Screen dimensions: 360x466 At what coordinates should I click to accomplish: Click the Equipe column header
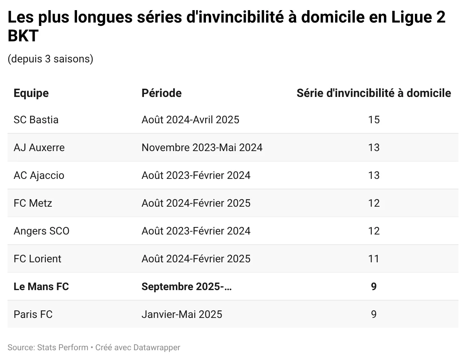pyautogui.click(x=31, y=93)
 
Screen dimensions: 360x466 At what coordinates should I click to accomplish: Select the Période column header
pyautogui.click(x=162, y=93)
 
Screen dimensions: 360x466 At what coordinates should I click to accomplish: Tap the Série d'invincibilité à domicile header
pyautogui.click(x=374, y=93)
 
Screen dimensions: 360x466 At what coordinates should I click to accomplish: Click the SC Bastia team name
pyautogui.click(x=36, y=120)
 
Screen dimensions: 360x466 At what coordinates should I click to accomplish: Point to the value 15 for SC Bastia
pyautogui.click(x=374, y=120)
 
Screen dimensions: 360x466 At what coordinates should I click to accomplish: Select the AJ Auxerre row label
pyautogui.click(x=39, y=148)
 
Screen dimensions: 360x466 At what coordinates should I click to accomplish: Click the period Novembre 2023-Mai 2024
pyautogui.click(x=202, y=148)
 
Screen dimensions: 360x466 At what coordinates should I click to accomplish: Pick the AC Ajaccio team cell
pyautogui.click(x=39, y=175)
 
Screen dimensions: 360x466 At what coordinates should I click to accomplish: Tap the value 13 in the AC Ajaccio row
pyautogui.click(x=374, y=175)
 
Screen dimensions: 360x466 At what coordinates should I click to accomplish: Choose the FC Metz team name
pyautogui.click(x=33, y=203)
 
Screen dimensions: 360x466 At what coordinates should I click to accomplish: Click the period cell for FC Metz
pyautogui.click(x=196, y=203)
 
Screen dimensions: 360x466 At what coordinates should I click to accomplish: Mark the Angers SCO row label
pyautogui.click(x=41, y=231)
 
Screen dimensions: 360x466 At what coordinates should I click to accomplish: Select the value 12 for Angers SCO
pyautogui.click(x=374, y=231)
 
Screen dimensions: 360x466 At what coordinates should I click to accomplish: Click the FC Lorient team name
pyautogui.click(x=37, y=259)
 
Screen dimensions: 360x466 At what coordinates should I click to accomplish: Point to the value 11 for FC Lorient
pyautogui.click(x=374, y=259)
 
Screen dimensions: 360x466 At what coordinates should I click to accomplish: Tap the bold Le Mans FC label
pyautogui.click(x=41, y=287)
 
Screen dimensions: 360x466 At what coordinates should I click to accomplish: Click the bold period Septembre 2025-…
pyautogui.click(x=186, y=287)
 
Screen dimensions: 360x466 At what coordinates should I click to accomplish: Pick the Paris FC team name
pyautogui.click(x=33, y=315)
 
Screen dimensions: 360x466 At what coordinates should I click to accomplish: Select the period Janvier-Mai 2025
pyautogui.click(x=182, y=315)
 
